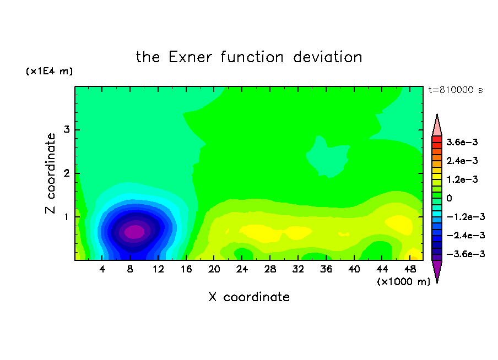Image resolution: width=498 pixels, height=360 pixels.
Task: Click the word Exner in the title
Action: [x=190, y=57]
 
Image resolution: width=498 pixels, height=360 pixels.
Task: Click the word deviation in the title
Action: [x=328, y=57]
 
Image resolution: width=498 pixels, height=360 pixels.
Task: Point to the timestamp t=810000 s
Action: [x=456, y=90]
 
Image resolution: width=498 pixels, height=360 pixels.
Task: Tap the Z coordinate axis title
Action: [x=50, y=173]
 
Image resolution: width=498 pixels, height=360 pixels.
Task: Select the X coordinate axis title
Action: [x=249, y=297]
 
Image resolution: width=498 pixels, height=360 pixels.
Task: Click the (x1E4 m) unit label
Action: [x=49, y=71]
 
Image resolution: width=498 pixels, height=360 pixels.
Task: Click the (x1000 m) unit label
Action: [x=403, y=282]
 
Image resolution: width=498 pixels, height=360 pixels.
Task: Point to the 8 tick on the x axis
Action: [x=130, y=269]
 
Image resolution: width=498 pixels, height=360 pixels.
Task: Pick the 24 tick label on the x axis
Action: [x=242, y=269]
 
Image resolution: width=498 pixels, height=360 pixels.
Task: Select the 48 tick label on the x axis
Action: [x=410, y=269]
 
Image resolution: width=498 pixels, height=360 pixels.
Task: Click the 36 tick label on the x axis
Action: [x=326, y=269]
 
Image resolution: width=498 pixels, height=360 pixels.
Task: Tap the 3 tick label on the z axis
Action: [x=67, y=129]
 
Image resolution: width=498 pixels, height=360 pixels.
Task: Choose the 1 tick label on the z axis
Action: [x=66, y=217]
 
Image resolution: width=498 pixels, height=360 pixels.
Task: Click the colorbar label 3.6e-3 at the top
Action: [x=462, y=142]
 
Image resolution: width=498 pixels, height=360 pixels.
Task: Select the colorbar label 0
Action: [x=449, y=198]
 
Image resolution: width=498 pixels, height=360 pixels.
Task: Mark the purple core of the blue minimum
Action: [x=134, y=232]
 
